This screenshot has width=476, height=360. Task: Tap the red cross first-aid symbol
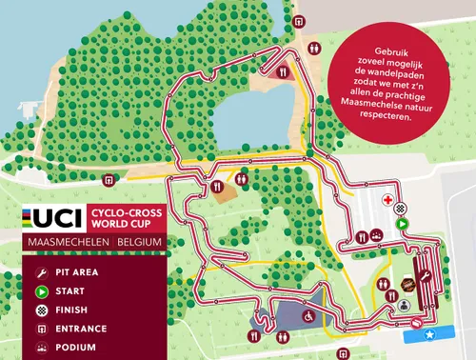388,201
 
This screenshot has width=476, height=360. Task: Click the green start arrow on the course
403,224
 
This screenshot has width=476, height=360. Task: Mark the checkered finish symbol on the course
401,209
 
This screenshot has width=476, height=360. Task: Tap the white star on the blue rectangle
430,334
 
